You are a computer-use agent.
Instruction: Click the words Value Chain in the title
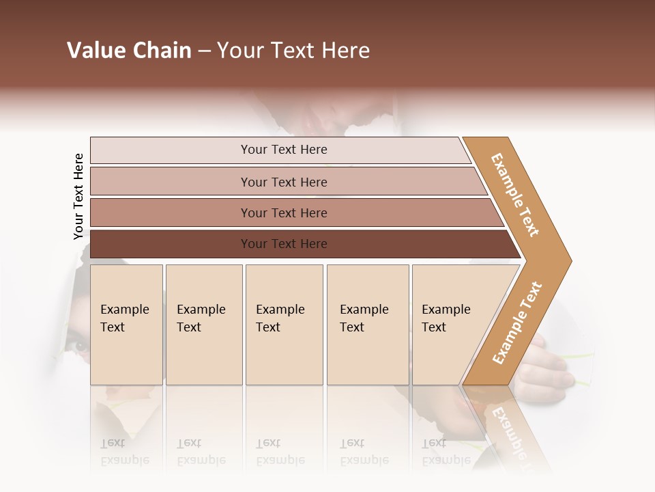click(x=129, y=51)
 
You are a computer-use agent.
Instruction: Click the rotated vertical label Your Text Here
click(x=78, y=196)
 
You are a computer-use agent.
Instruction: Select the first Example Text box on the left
click(x=126, y=325)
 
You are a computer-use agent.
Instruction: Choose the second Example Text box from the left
click(x=203, y=325)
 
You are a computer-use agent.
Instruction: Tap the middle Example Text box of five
click(x=284, y=325)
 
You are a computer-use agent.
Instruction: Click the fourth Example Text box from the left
click(x=368, y=325)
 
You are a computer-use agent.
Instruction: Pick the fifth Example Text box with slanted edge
click(x=447, y=325)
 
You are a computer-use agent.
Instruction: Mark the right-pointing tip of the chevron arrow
click(x=568, y=261)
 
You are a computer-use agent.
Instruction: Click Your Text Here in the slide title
click(x=293, y=51)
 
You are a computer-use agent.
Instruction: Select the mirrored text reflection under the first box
click(x=124, y=452)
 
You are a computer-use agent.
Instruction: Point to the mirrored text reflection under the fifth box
click(x=446, y=452)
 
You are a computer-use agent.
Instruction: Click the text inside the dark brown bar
click(x=284, y=244)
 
